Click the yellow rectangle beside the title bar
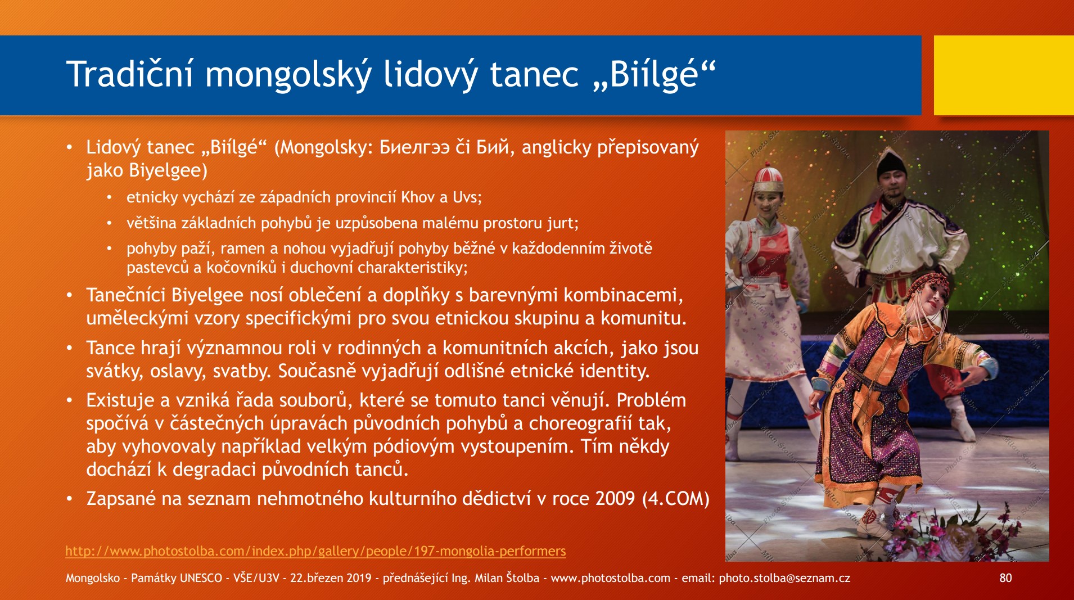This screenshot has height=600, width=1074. (x=1004, y=75)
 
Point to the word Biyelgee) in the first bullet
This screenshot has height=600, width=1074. (x=168, y=171)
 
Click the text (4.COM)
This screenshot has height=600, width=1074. (x=675, y=499)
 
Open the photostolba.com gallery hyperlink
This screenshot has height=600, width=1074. (x=315, y=551)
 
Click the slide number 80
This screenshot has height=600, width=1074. (x=1005, y=578)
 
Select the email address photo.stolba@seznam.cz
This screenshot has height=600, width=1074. (x=784, y=578)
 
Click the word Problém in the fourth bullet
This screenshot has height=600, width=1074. (x=651, y=400)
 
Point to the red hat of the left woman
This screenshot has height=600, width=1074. (x=768, y=179)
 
